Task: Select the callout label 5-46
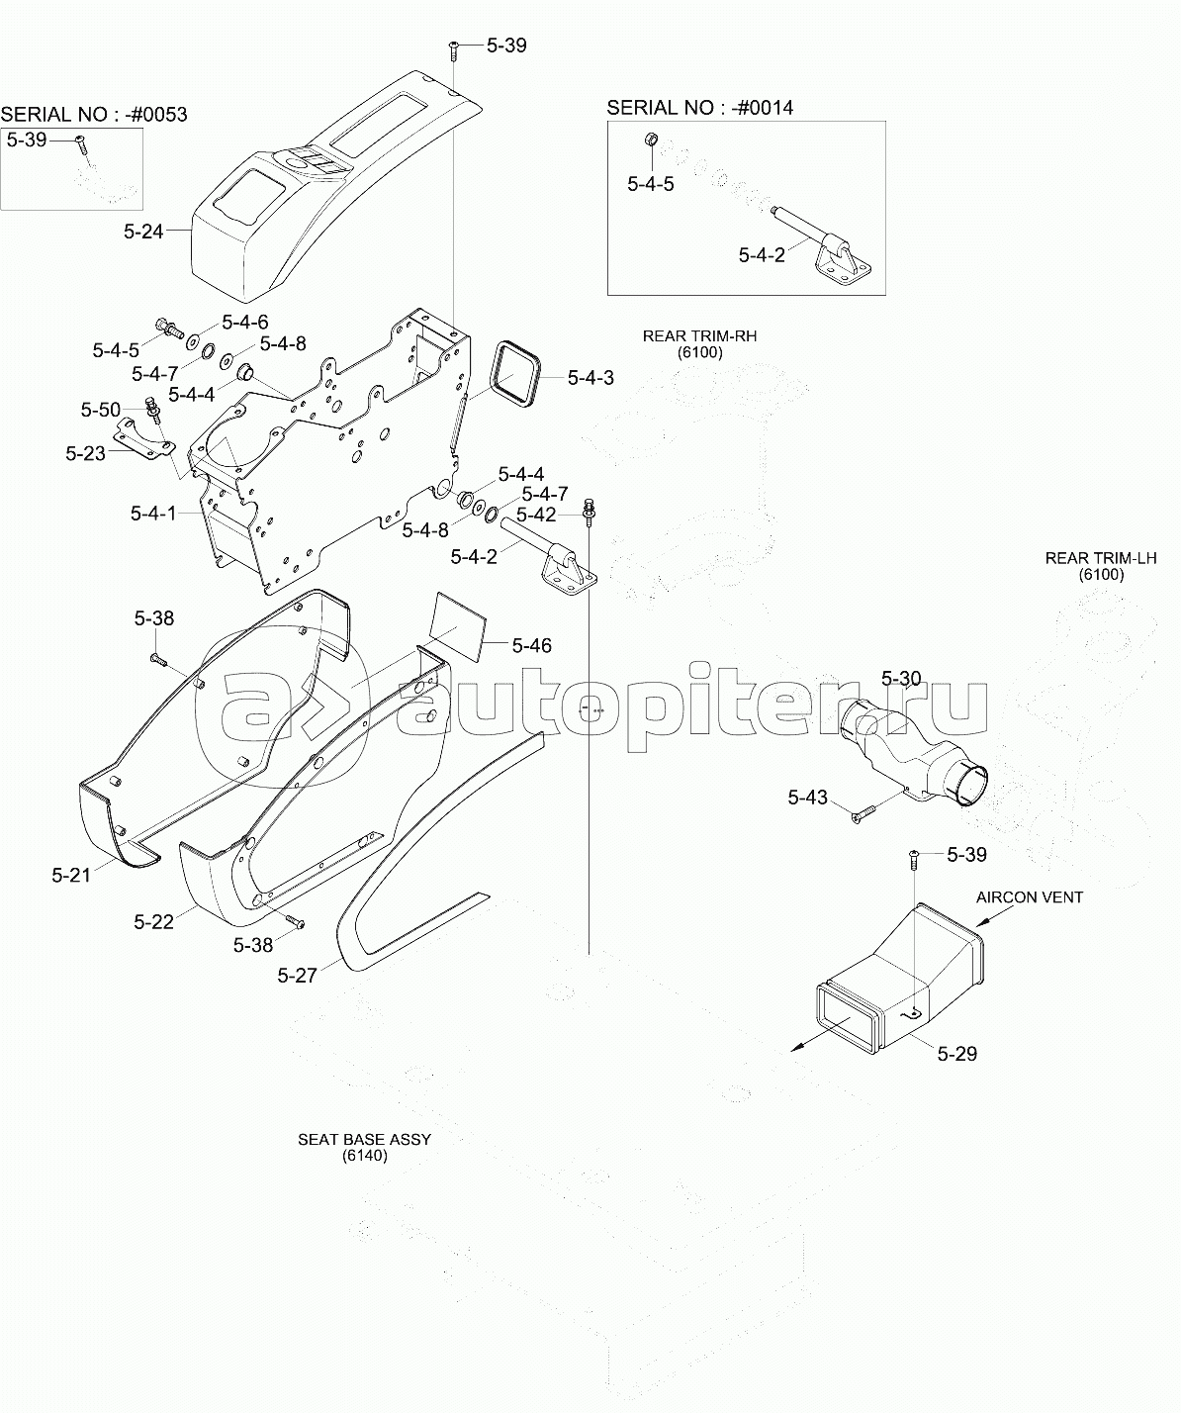coord(531,646)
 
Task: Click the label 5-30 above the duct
coord(901,679)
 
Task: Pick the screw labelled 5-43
coord(863,812)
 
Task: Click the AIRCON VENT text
coord(1029,897)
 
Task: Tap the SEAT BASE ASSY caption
coord(364,1139)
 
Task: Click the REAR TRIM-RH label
coord(699,336)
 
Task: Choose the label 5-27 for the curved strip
coord(297,976)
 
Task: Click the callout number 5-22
coord(153,922)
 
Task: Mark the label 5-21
coord(71,875)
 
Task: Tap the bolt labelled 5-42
coord(590,511)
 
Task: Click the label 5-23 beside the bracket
coord(86,453)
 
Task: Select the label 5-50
coord(101,410)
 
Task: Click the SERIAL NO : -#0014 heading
coord(699,108)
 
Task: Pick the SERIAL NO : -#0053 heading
coord(93,115)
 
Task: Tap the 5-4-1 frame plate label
coord(152,514)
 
